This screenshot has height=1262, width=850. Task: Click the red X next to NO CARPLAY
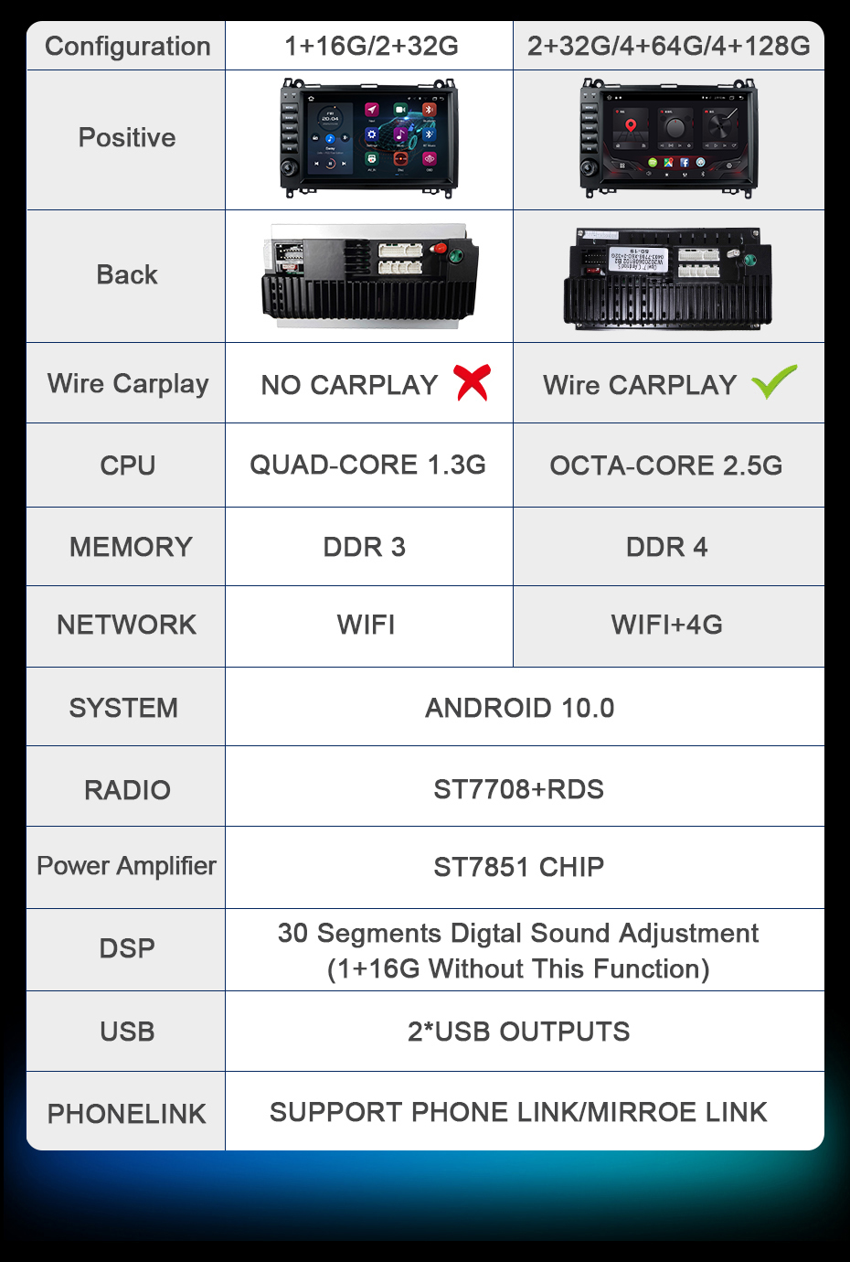pyautogui.click(x=472, y=382)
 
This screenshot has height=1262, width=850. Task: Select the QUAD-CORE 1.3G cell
pyautogui.click(x=367, y=465)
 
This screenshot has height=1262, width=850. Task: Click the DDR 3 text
pyautogui.click(x=364, y=547)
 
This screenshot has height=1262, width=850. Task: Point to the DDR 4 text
pyautogui.click(x=666, y=547)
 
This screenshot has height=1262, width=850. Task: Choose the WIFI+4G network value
pyautogui.click(x=666, y=625)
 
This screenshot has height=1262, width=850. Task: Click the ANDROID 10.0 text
pyautogui.click(x=519, y=708)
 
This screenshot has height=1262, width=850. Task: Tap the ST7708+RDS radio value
pyautogui.click(x=518, y=788)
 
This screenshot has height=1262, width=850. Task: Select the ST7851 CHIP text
pyautogui.click(x=518, y=867)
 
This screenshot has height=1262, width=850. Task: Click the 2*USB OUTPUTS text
pyautogui.click(x=518, y=1032)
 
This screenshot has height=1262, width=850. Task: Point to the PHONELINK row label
pyautogui.click(x=127, y=1114)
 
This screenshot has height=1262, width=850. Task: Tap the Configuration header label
pyautogui.click(x=127, y=47)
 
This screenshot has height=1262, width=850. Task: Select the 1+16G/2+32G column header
pyautogui.click(x=371, y=46)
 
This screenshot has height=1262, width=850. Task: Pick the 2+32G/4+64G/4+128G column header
pyautogui.click(x=669, y=46)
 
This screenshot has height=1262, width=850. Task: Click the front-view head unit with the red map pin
pyautogui.click(x=669, y=138)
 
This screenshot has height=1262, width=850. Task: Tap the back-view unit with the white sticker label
pyautogui.click(x=667, y=278)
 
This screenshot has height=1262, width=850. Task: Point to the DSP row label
pyautogui.click(x=127, y=948)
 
